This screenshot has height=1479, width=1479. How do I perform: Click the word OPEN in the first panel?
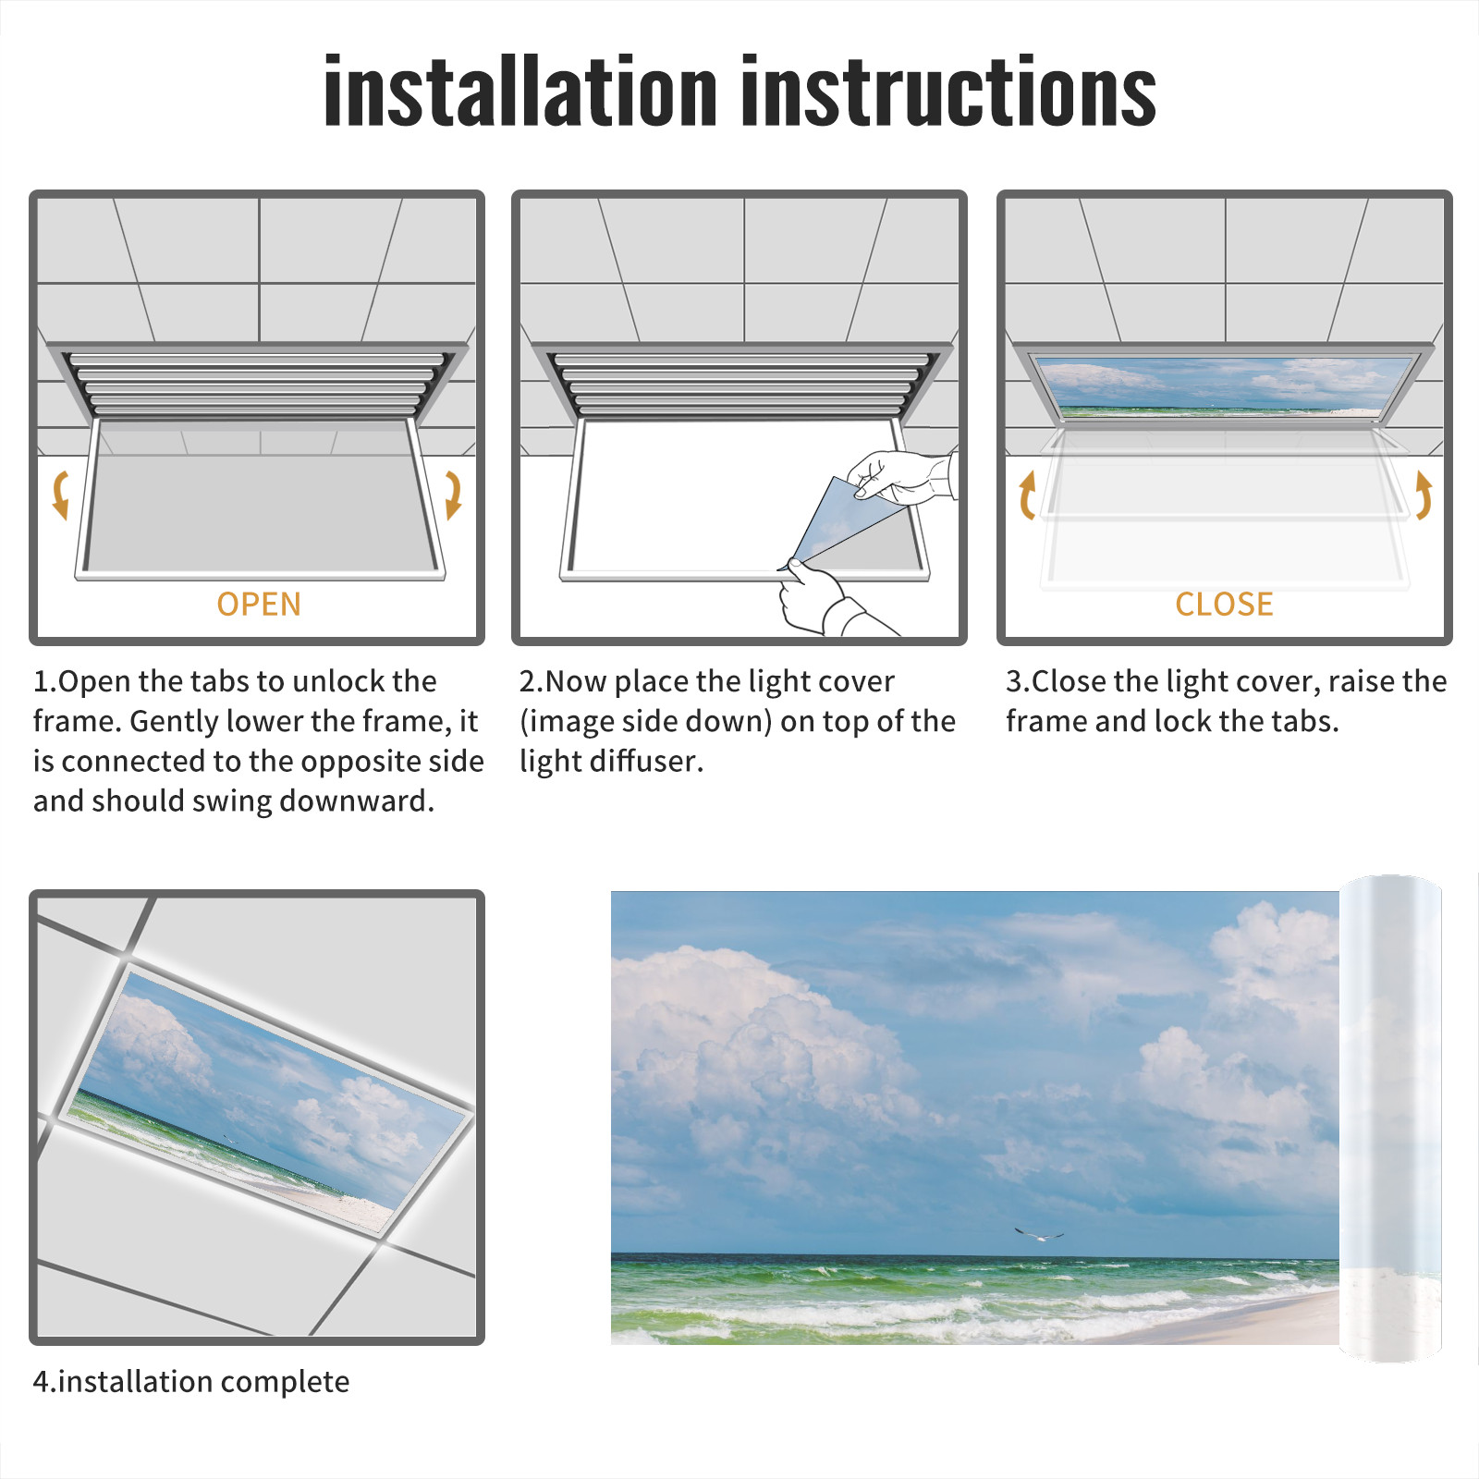coord(259,604)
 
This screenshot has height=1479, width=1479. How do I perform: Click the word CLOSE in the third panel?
coord(1224,604)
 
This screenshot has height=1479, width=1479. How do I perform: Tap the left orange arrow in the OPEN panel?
coord(61,495)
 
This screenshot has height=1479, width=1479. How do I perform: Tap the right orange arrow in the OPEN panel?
coord(453,495)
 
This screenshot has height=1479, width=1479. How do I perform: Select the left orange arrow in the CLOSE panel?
coord(1027,495)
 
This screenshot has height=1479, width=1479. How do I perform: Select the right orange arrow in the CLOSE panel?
coord(1424,495)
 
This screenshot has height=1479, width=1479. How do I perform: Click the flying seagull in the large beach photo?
coord(1039,1234)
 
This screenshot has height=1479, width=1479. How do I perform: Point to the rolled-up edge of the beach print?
coord(1390,1118)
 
